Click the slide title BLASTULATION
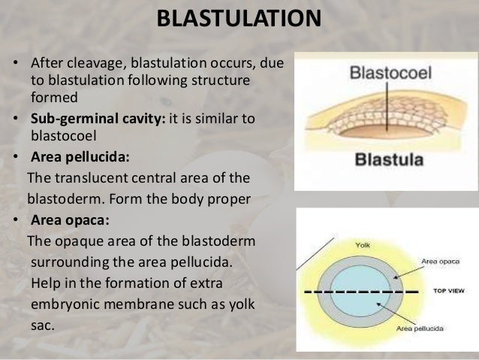click(239, 18)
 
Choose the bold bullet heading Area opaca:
click(71, 221)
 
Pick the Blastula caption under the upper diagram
click(388, 160)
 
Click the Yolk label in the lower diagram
click(362, 245)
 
